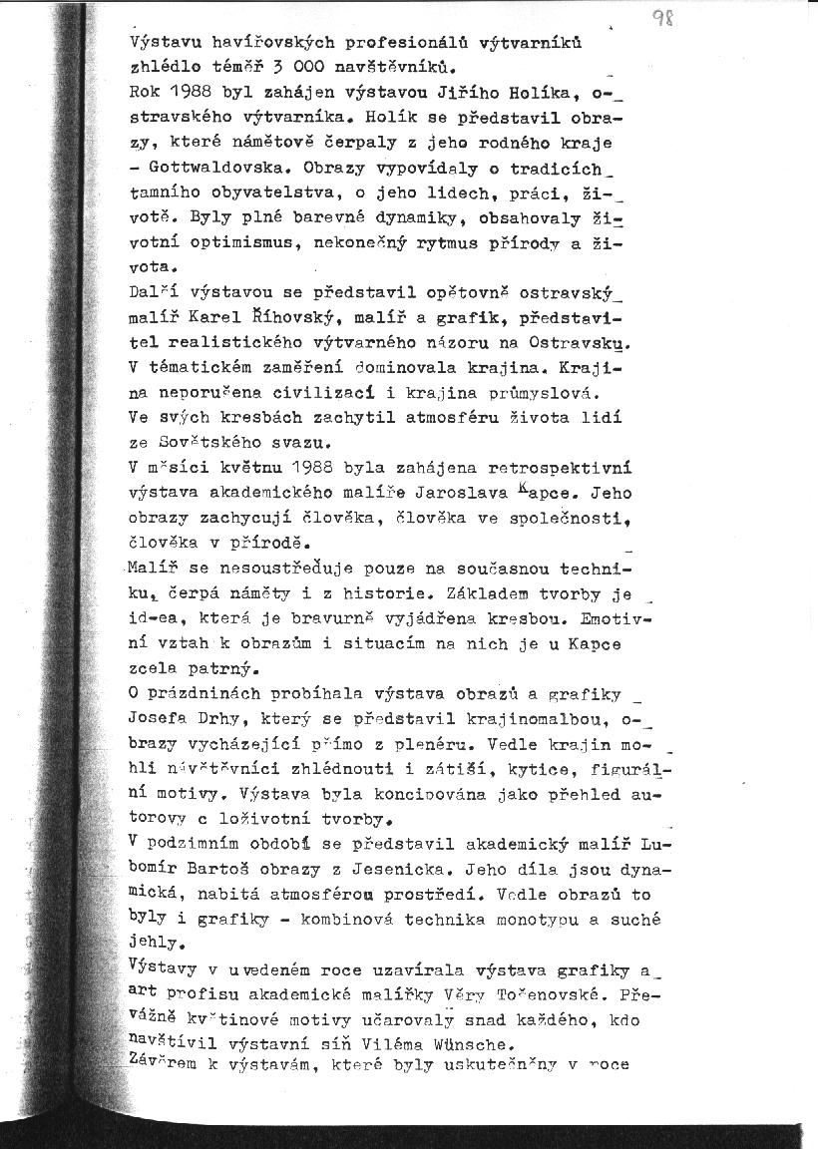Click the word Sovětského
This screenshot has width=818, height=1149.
[x=208, y=442]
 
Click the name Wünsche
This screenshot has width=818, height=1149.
[x=471, y=1045]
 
